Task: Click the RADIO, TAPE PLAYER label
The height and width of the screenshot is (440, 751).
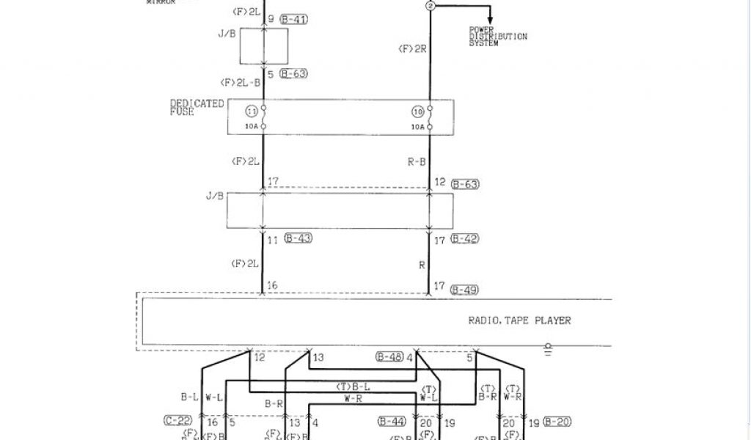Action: (x=519, y=320)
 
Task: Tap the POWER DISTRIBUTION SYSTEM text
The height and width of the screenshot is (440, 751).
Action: (x=498, y=37)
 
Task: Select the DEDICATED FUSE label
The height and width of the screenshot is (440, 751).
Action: (x=197, y=108)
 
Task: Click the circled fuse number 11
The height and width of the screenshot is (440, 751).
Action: (x=252, y=112)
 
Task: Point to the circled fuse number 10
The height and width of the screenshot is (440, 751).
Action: (x=418, y=112)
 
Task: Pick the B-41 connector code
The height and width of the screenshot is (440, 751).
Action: (x=294, y=20)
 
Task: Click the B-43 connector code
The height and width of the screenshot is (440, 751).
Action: (x=297, y=240)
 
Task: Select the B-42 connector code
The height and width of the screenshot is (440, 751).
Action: (x=464, y=240)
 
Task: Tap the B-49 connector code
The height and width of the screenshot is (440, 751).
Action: (x=464, y=290)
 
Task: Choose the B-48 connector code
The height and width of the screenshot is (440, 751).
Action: (x=389, y=358)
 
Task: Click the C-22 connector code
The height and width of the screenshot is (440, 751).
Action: (x=179, y=422)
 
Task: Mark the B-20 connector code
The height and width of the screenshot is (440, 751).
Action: (x=557, y=422)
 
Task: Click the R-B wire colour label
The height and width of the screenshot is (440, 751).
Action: (x=417, y=162)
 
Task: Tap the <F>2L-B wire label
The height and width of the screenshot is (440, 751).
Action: (x=239, y=82)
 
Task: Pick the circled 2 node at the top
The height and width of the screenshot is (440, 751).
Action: (x=431, y=5)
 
